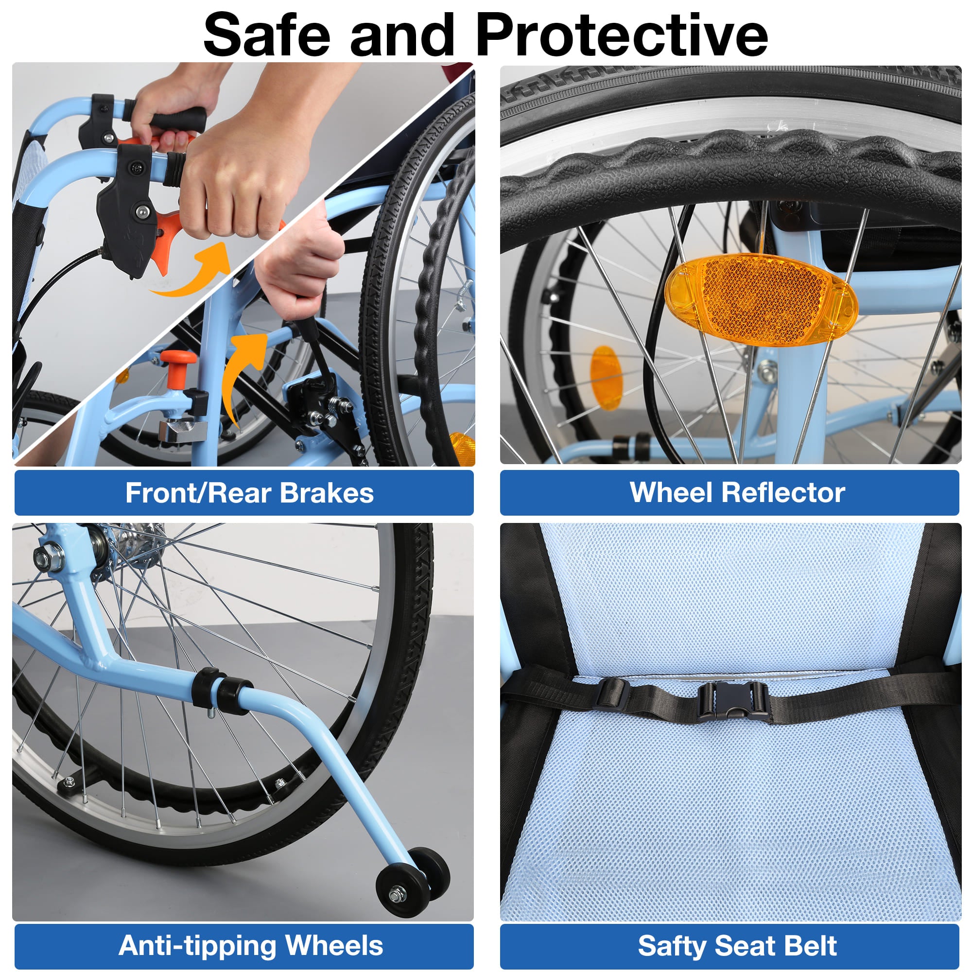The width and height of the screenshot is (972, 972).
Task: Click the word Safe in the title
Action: pos(267,34)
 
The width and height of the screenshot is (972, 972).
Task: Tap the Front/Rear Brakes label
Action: pos(249,492)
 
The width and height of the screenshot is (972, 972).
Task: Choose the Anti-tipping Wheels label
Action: pos(251,945)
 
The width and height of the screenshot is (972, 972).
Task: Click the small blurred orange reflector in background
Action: pos(605,377)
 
